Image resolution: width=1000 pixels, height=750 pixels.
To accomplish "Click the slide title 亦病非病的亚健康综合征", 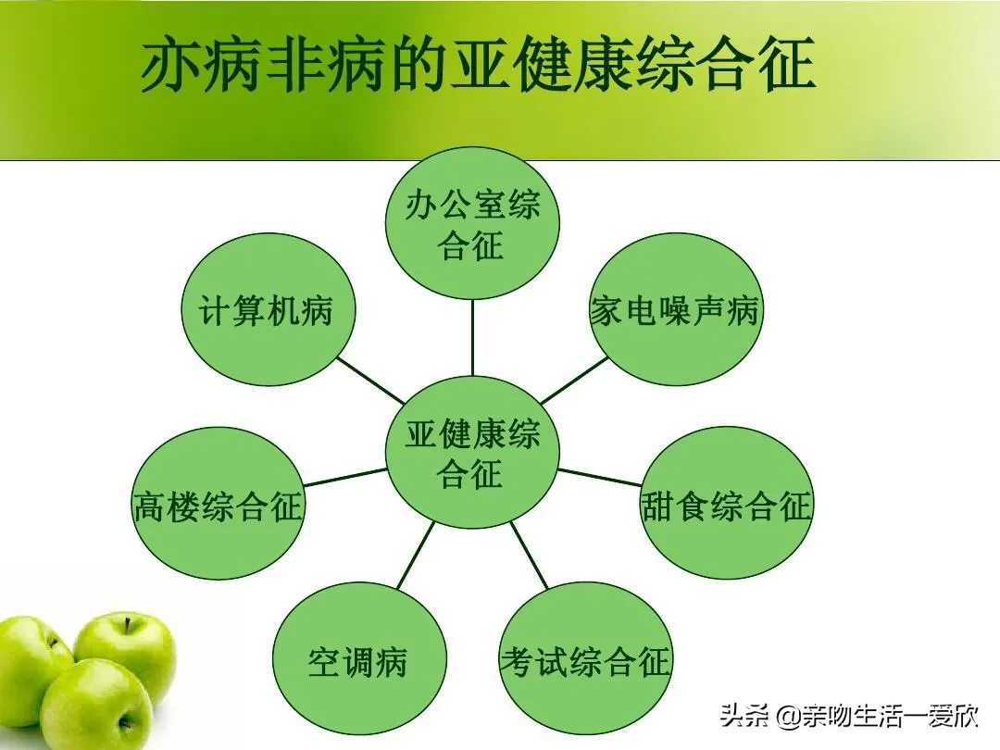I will tap(478, 65).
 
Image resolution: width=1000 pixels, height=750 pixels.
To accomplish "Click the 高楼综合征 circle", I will tap(219, 505).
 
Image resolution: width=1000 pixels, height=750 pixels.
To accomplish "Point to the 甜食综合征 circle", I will tap(726, 505).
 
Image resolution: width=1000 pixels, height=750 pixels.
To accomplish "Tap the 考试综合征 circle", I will tap(585, 661).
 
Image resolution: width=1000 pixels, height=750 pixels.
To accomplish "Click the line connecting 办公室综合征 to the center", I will tap(472, 337).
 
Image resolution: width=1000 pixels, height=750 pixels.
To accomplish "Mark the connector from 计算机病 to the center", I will tap(371, 381).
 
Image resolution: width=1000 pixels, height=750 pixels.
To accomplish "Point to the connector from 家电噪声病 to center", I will tap(574, 381).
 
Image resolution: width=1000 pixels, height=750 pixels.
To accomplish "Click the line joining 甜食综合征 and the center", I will tap(600, 477).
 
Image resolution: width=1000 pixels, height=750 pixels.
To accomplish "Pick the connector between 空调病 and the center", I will tap(416, 556).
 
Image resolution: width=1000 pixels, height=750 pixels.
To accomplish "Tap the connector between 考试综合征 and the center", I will tap(530, 556).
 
